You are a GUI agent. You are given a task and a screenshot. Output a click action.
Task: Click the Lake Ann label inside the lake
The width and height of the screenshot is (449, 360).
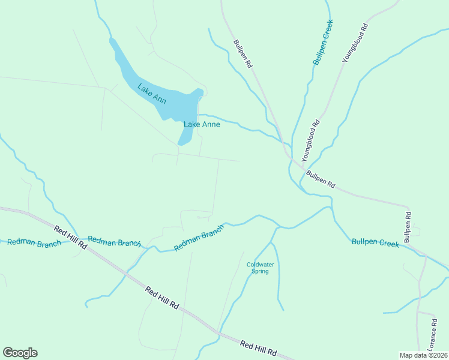click(151, 94)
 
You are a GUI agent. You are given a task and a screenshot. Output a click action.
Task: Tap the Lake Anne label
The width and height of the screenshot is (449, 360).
click(202, 125)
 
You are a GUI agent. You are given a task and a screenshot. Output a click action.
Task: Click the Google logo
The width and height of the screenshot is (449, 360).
click(20, 353)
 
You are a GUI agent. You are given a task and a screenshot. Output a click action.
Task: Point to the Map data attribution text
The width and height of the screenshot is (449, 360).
click(424, 355)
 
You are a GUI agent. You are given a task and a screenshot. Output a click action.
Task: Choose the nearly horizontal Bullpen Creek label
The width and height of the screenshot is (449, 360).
click(375, 243)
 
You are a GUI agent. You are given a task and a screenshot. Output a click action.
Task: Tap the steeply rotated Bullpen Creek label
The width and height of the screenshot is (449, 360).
click(322, 42)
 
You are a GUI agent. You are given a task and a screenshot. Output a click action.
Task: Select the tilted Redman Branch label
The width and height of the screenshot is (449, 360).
click(199, 238)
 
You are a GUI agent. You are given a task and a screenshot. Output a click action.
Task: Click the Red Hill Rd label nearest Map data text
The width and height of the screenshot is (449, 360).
click(259, 347)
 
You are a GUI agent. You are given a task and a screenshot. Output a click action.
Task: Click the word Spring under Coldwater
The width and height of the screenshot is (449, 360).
click(260, 271)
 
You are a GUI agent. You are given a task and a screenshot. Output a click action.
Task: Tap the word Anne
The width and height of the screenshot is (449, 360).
click(210, 125)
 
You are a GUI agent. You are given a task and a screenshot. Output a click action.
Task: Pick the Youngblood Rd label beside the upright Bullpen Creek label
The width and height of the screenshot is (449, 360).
click(355, 43)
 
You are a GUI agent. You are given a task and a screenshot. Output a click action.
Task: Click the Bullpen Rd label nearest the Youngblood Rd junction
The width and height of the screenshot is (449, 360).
click(320, 179)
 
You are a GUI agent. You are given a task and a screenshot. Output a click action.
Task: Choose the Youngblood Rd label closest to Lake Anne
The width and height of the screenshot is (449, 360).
click(311, 141)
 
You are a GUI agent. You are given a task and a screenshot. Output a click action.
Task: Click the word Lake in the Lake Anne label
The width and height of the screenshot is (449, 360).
click(191, 125)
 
